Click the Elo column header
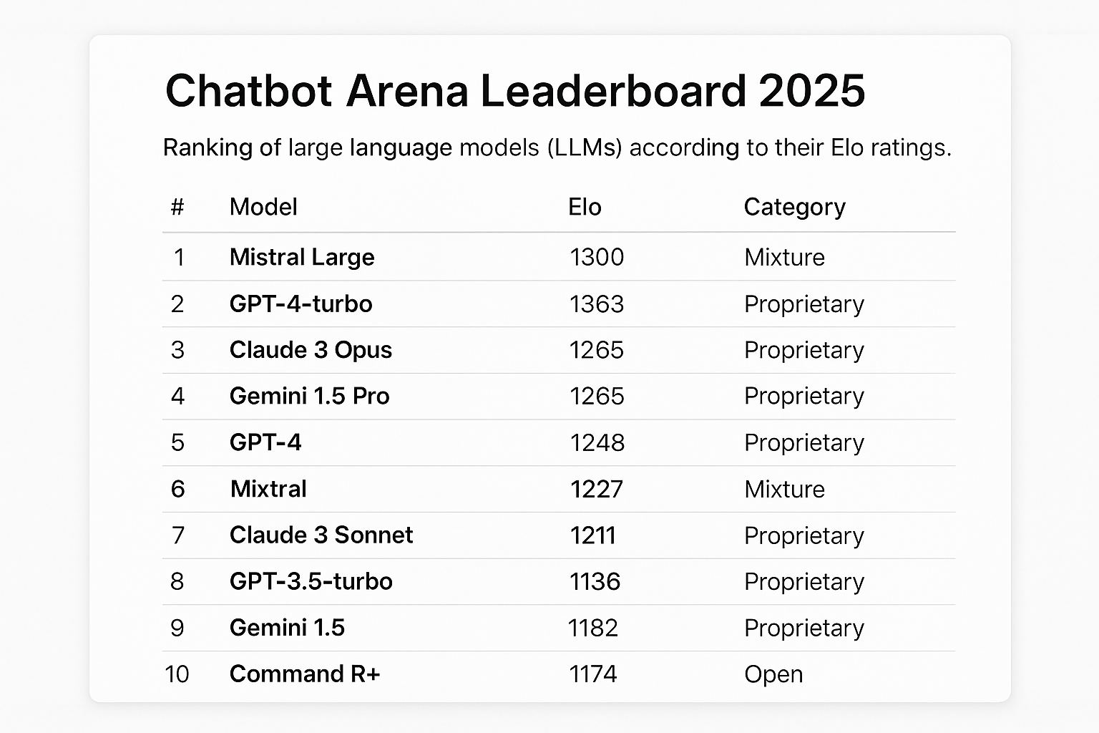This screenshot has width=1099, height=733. pos(585,207)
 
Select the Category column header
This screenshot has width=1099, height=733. pos(794,207)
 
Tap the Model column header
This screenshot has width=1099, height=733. pos(263,207)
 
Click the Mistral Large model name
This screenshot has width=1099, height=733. pos(302,257)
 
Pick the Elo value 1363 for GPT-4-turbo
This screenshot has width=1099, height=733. pos(597,304)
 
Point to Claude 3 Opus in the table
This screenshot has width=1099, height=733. pos(311,350)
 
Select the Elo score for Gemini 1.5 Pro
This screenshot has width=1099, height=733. pos(597,396)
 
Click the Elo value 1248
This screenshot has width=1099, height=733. pos(597,442)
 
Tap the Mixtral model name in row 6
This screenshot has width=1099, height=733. pos(268,489)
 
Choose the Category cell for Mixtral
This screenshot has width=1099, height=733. pos(784,489)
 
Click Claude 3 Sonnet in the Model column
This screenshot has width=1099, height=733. pos(321,535)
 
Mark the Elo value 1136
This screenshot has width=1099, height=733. pos(595,581)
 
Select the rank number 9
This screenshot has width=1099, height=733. pos(177,628)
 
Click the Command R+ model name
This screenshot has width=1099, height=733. pos(305,674)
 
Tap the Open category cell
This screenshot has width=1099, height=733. pos(773,674)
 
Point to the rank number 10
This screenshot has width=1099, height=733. pos(177,674)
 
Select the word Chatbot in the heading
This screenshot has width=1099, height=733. pos(249,91)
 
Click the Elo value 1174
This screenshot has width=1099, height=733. pos(592,674)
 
